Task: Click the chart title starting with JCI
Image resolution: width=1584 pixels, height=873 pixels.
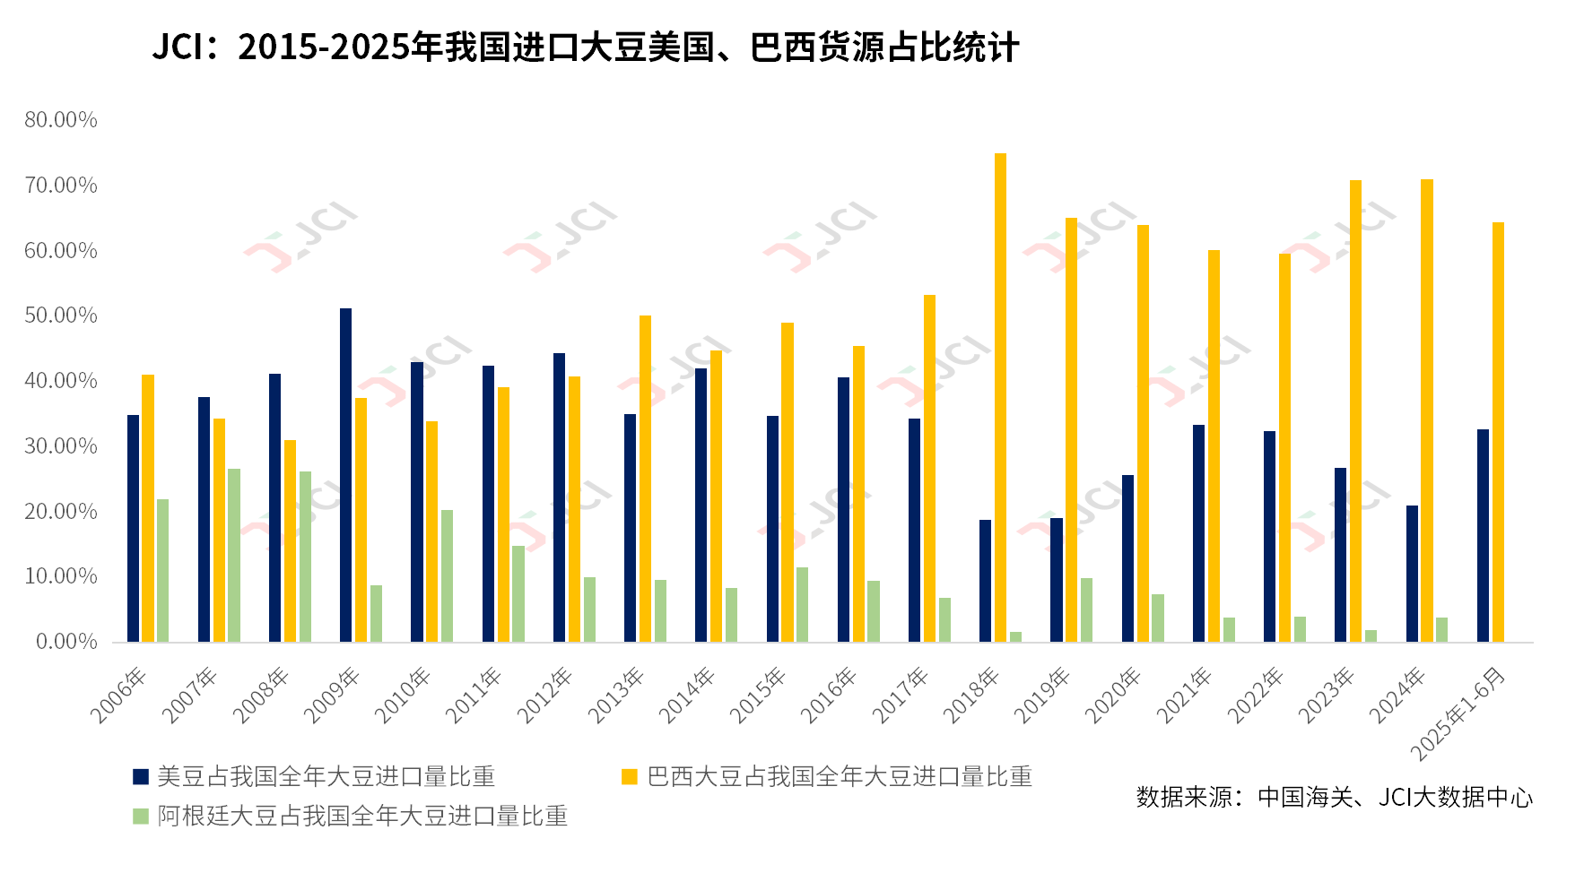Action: tap(585, 48)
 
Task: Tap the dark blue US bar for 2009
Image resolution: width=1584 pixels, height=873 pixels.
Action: tap(345, 475)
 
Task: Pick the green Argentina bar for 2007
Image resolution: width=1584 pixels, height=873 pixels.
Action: tap(234, 555)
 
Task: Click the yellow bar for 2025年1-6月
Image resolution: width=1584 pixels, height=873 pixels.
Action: tap(1498, 432)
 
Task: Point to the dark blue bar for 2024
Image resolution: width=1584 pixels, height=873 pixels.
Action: tap(1412, 574)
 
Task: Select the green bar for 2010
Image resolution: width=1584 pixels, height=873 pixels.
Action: tap(447, 575)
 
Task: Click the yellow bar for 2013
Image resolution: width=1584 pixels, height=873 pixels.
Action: tap(645, 478)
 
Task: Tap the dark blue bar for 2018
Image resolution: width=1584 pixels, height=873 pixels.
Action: tap(985, 580)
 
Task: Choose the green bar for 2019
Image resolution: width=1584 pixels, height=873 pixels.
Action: tap(1086, 609)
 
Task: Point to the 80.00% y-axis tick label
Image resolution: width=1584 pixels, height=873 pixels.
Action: tap(61, 120)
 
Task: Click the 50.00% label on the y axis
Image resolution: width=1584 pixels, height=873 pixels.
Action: tap(61, 315)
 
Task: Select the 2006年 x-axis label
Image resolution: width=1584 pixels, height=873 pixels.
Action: tap(119, 695)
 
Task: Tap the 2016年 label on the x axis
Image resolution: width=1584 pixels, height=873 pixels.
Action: tap(830, 695)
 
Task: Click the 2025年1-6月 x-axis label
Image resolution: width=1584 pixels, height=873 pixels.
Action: tap(1458, 714)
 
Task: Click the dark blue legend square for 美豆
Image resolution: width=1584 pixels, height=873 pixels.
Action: tap(141, 777)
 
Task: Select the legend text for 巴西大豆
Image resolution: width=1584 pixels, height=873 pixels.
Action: tap(840, 777)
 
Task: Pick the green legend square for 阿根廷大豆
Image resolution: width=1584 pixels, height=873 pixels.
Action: tap(141, 817)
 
